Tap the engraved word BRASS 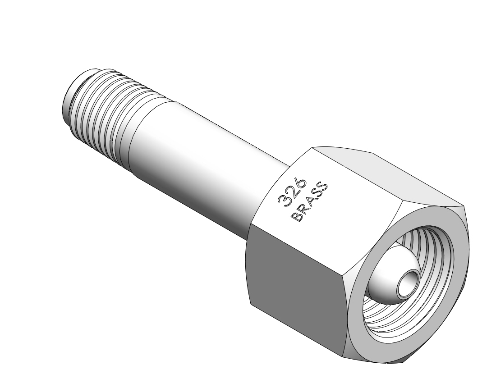[x=309, y=202]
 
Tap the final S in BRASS [x=323, y=187]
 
